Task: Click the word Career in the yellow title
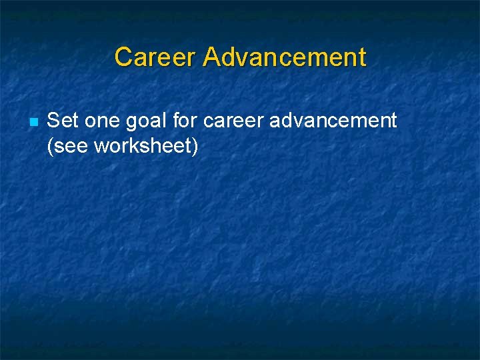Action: click(155, 57)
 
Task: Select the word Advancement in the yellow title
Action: click(285, 57)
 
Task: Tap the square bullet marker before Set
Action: click(33, 122)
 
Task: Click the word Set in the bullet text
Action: click(62, 121)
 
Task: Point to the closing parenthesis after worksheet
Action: click(195, 145)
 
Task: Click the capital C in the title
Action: click(123, 57)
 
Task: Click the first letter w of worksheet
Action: click(101, 146)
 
